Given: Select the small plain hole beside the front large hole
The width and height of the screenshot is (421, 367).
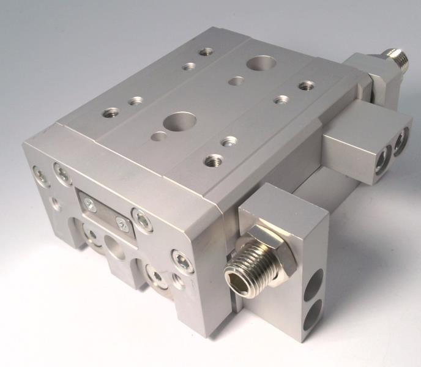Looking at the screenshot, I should (158, 136).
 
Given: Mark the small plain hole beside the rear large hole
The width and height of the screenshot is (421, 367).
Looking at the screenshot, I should (236, 80).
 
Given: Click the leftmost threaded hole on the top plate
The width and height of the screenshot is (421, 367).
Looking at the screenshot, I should (111, 113).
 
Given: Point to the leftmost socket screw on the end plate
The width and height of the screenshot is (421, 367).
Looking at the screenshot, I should (40, 176).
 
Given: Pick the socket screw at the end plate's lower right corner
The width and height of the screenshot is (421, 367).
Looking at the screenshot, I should (183, 262).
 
